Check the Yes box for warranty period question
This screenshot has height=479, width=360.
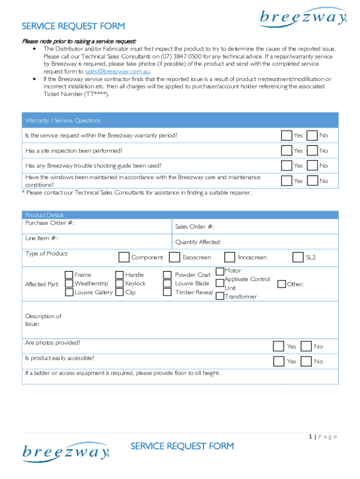pyautogui.click(x=286, y=136)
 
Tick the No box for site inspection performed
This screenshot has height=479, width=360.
pyautogui.click(x=312, y=151)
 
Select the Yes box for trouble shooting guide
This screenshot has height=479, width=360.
pyautogui.click(x=286, y=166)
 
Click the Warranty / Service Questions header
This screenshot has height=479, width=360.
pyautogui.click(x=63, y=121)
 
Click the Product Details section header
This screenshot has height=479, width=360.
pyautogui.click(x=44, y=215)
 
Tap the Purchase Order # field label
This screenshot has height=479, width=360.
pyautogui.click(x=50, y=223)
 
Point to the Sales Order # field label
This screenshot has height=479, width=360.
pyautogui.click(x=194, y=227)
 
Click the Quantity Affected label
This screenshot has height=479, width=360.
pyautogui.click(x=198, y=242)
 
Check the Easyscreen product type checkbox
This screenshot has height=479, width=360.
pyautogui.click(x=174, y=257)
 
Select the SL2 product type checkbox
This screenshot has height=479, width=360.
pyautogui.click(x=298, y=257)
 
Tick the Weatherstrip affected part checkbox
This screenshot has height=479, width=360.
pyautogui.click(x=69, y=283)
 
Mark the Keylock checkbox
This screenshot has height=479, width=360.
pyautogui.click(x=119, y=283)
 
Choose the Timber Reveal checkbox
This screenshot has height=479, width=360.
pyautogui.click(x=167, y=292)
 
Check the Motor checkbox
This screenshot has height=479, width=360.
pyautogui.click(x=220, y=271)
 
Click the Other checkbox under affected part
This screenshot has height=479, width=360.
pyautogui.click(x=281, y=284)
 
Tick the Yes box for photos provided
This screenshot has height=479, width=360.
pyautogui.click(x=279, y=346)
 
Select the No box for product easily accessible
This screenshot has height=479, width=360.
pyautogui.click(x=306, y=361)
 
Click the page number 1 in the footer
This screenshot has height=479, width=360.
pyautogui.click(x=310, y=437)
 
